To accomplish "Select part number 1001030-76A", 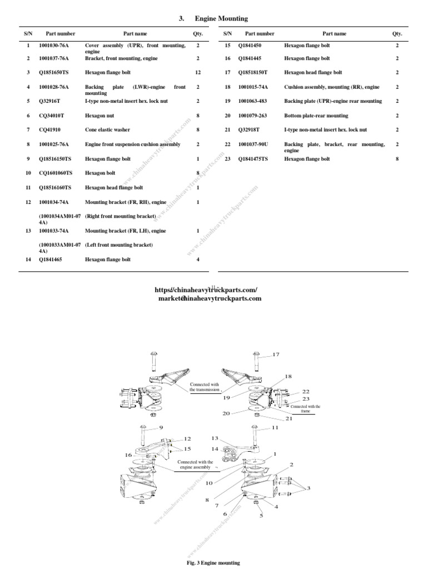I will click(54, 45).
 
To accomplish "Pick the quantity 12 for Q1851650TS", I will click(198, 72).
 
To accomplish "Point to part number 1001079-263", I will click(253, 116).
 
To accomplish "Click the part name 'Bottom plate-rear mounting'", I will click(316, 116).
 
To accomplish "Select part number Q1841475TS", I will click(256, 159).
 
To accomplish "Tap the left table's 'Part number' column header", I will click(61, 34).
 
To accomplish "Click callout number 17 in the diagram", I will click(276, 355).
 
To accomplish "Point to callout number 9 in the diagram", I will click(161, 427).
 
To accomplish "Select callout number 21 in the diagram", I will click(289, 418).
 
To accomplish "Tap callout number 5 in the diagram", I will click(261, 515).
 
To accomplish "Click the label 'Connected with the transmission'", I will click(205, 387).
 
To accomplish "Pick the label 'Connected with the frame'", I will click(305, 408).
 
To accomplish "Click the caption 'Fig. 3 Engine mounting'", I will click(213, 563).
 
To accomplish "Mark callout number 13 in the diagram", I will click(215, 438).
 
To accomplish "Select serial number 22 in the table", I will click(227, 144).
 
